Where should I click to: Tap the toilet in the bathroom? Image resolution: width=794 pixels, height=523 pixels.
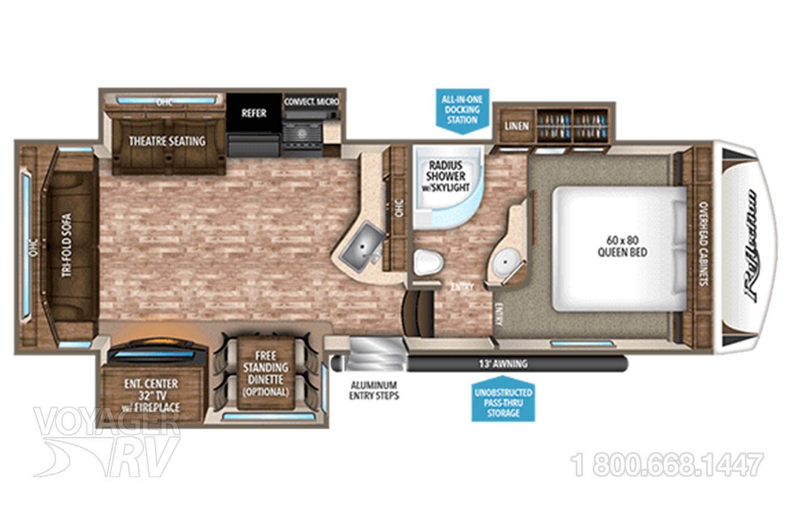pyautogui.click(x=428, y=261)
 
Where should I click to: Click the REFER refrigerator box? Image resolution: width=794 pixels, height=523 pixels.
pyautogui.click(x=254, y=113)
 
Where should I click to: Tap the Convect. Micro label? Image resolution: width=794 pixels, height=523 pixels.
pyautogui.click(x=312, y=102)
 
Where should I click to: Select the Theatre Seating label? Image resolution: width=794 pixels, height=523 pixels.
pyautogui.click(x=167, y=141)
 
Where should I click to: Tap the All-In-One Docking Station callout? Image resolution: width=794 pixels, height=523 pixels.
pyautogui.click(x=462, y=109)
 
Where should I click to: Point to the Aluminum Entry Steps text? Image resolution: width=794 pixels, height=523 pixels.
pyautogui.click(x=374, y=390)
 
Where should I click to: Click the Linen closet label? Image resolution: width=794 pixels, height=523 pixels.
pyautogui.click(x=516, y=126)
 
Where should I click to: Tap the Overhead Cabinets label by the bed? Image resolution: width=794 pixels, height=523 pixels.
pyautogui.click(x=704, y=243)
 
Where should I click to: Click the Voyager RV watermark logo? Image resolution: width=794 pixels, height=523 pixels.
pyautogui.click(x=108, y=441)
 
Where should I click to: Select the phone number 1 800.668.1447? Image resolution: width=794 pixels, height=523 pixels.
pyautogui.click(x=669, y=465)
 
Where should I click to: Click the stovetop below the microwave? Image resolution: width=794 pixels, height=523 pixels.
pyautogui.click(x=304, y=134)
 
